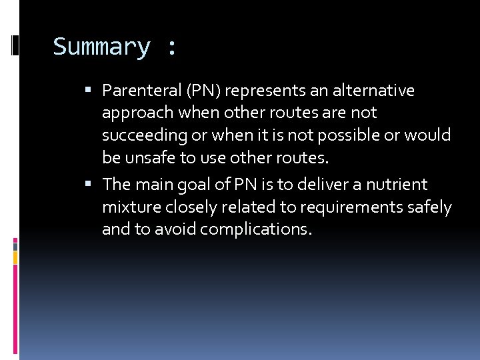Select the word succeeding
[x=145, y=136]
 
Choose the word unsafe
[x=145, y=159]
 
